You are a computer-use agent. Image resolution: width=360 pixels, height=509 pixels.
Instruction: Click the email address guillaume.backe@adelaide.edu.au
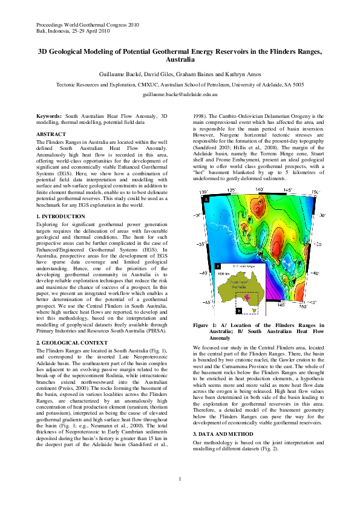180,96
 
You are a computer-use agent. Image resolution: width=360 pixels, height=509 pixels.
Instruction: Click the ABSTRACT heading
51,134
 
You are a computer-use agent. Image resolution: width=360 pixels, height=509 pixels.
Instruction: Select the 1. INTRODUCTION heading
61,216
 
